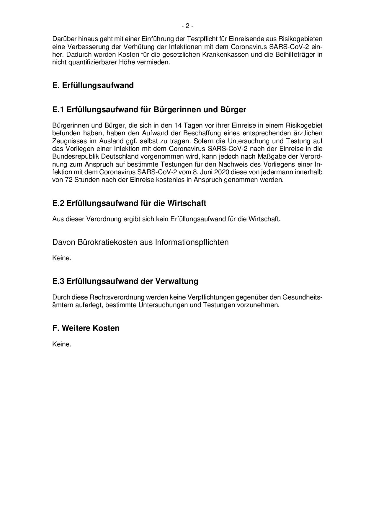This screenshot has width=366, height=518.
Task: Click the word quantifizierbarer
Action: click(x=92, y=63)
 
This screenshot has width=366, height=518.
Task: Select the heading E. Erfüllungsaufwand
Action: click(x=93, y=85)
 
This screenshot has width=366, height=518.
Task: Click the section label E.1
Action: click(x=58, y=110)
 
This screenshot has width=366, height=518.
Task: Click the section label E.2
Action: click(x=58, y=203)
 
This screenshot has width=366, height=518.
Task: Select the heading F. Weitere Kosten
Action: click(x=86, y=328)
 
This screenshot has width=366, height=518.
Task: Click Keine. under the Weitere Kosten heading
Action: click(x=62, y=344)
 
